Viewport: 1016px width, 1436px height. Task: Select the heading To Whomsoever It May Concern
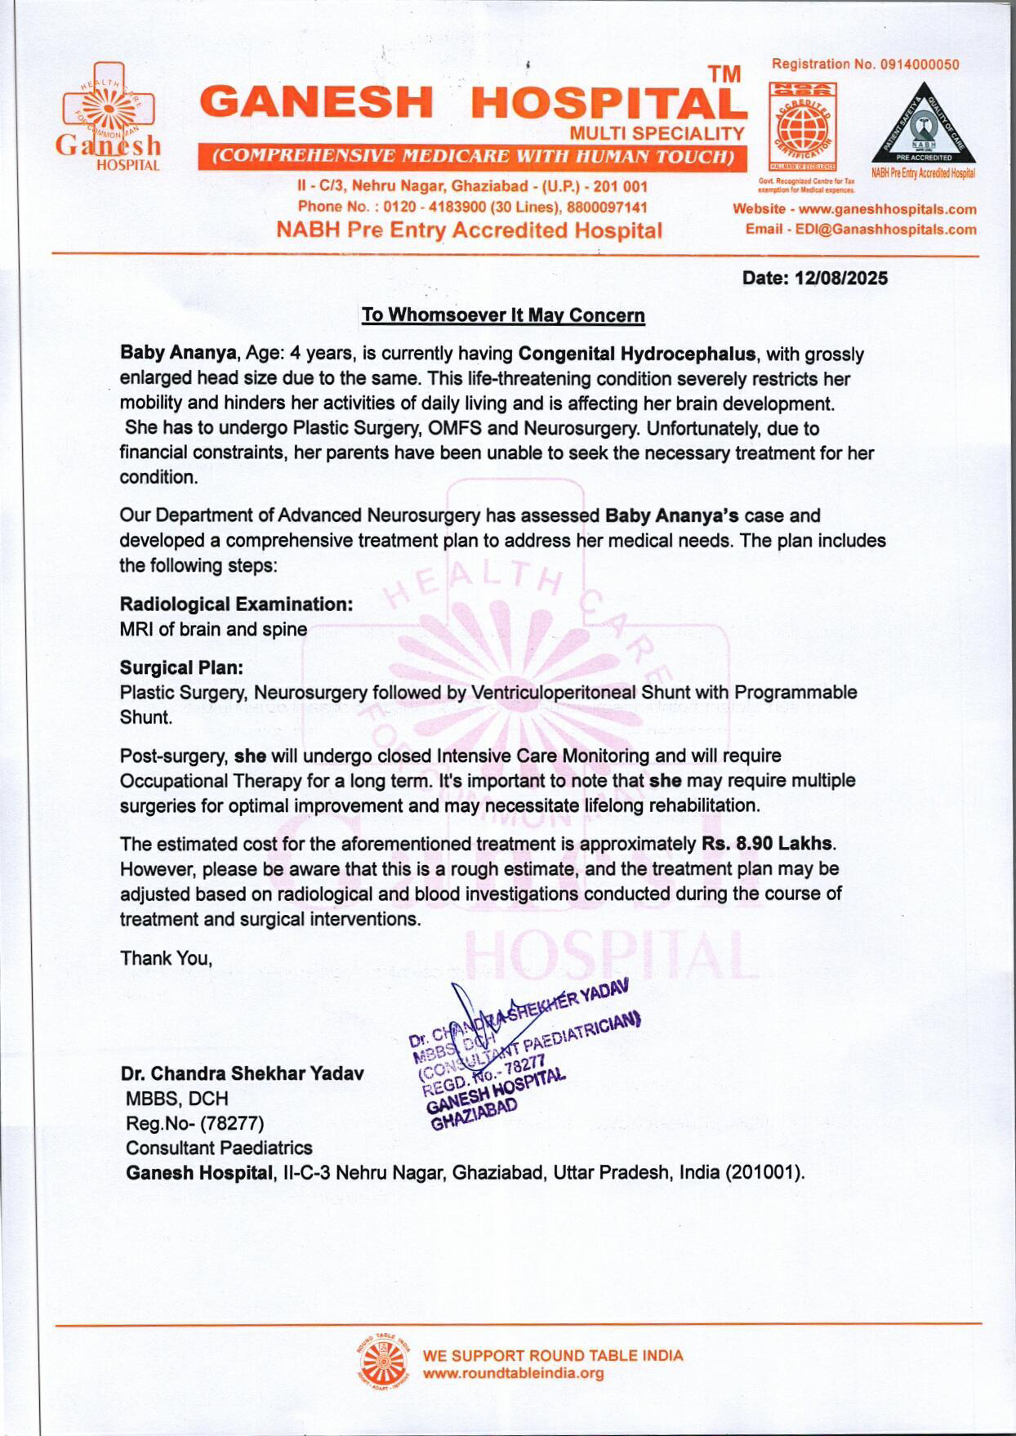point(503,315)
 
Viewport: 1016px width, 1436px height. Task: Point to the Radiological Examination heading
point(237,604)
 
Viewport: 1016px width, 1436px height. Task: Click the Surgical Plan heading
point(181,667)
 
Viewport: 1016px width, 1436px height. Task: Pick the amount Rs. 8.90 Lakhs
point(767,844)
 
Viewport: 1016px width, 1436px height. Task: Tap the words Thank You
point(167,958)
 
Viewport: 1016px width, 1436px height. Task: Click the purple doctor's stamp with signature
point(523,1054)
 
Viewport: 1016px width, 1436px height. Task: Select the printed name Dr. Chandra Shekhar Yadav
point(242,1073)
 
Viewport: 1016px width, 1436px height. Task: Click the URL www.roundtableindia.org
point(513,1373)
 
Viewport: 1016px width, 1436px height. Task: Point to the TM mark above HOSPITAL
point(724,74)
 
